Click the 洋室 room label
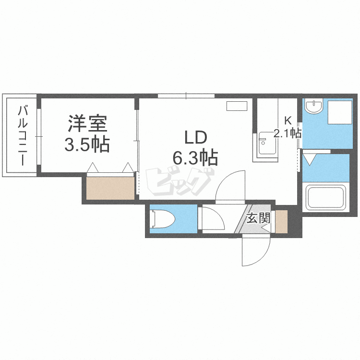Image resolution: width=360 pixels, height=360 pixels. (x=87, y=124)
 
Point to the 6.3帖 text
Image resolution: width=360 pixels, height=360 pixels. (x=196, y=156)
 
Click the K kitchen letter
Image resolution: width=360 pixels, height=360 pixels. (x=288, y=120)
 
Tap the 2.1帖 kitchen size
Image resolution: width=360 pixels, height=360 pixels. (x=287, y=133)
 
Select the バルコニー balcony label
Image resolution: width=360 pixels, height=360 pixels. (x=22, y=135)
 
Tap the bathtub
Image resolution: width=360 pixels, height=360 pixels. (x=326, y=198)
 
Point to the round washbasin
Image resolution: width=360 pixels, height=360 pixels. (x=314, y=107)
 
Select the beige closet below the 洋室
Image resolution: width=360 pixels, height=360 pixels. (x=110, y=188)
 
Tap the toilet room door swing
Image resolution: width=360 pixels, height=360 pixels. (x=211, y=219)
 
